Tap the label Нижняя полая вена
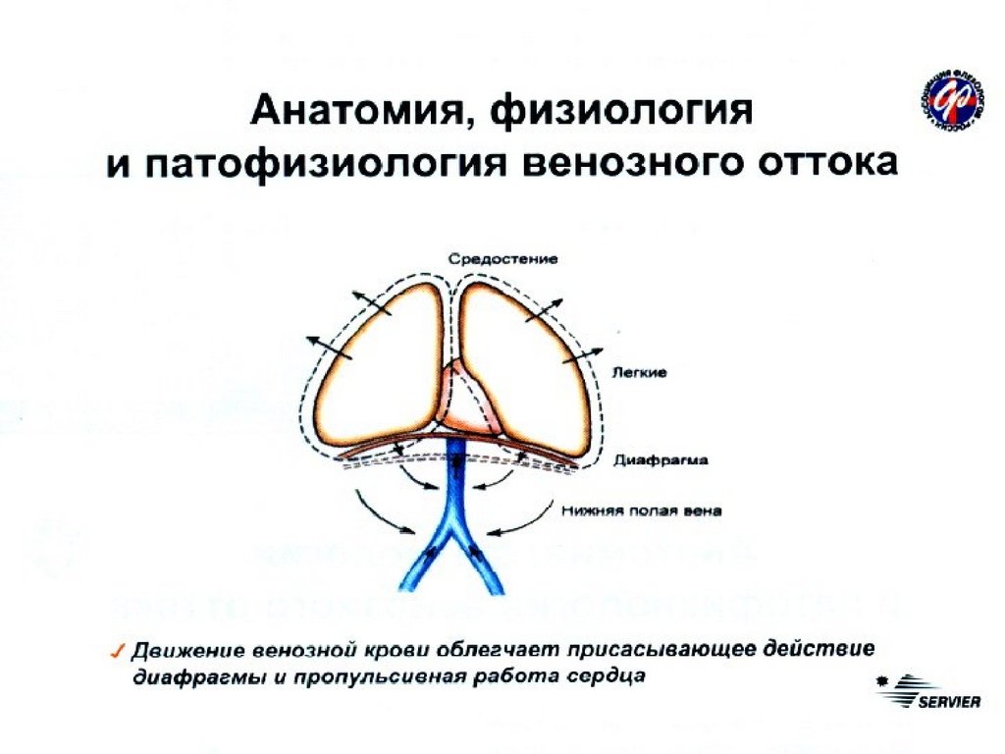pyautogui.click(x=643, y=511)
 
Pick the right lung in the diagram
pyautogui.click(x=525, y=358)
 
